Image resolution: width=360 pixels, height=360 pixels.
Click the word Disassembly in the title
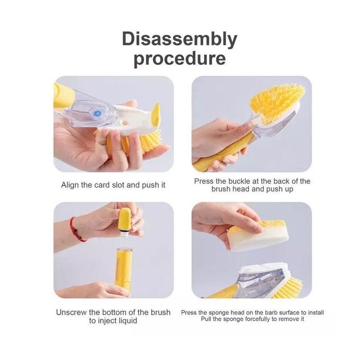[179, 40]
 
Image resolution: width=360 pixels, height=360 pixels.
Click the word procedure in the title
[180, 59]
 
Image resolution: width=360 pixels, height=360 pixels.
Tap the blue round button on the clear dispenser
[98, 113]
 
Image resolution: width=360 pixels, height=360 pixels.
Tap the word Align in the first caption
[70, 185]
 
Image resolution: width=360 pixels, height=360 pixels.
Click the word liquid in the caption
[125, 321]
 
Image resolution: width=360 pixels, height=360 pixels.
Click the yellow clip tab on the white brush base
[156, 114]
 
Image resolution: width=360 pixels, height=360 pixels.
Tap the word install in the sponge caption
[316, 313]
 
